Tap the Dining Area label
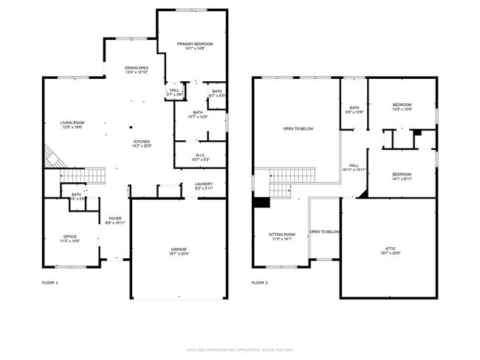click(x=137, y=70)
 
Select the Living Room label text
click(x=72, y=125)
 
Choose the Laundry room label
click(x=205, y=186)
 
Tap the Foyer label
click(x=115, y=221)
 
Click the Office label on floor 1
click(x=69, y=238)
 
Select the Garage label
click(x=179, y=252)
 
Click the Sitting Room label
click(x=282, y=236)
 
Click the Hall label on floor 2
click(x=354, y=167)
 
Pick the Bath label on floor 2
click(x=354, y=110)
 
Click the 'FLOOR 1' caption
click(x=49, y=283)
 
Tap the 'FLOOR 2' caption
click(x=259, y=283)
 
